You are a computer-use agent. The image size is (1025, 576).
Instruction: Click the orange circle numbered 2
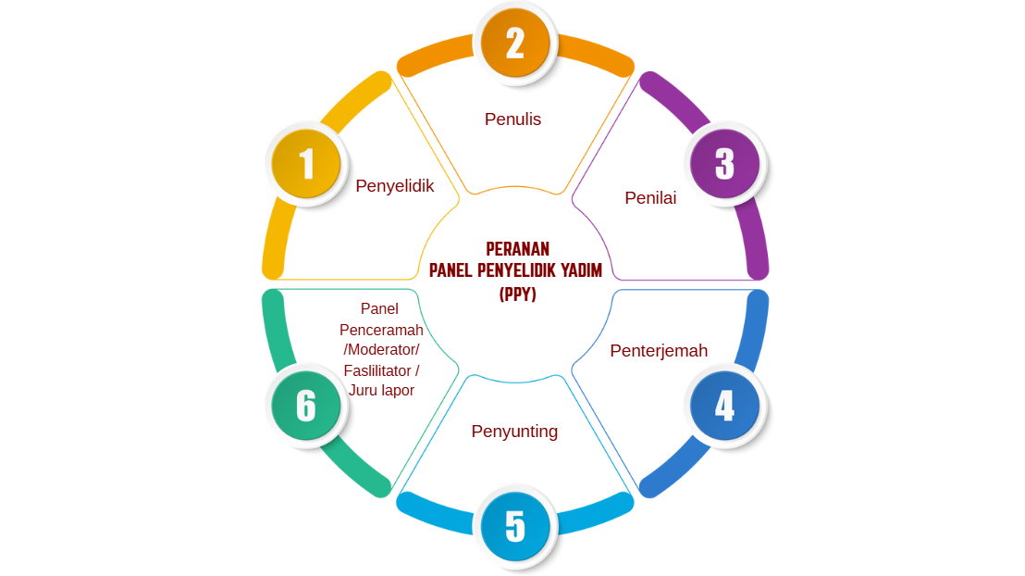(515, 43)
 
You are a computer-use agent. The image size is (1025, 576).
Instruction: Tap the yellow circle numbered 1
(306, 164)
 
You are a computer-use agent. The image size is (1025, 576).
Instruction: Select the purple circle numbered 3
(724, 164)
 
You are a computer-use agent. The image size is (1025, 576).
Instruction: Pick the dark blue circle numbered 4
(724, 406)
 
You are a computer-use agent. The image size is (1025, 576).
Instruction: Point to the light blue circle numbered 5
(515, 526)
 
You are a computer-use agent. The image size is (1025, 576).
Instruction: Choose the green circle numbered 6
(306, 406)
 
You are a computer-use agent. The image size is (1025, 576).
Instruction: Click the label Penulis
(512, 119)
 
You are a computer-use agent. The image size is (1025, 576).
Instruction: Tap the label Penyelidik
(394, 186)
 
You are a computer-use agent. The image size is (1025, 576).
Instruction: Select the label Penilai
(650, 197)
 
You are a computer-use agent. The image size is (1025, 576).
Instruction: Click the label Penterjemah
(659, 351)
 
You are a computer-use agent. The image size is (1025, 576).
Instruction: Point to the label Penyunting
(514, 432)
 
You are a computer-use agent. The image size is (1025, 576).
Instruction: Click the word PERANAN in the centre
(517, 249)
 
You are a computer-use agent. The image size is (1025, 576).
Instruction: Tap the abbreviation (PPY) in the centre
(517, 294)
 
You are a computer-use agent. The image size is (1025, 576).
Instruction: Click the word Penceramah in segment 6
(381, 330)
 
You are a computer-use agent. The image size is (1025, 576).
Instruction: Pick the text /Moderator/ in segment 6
(381, 350)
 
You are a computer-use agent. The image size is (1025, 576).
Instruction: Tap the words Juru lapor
(381, 391)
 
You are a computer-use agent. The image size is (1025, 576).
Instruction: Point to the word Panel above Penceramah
(379, 309)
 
